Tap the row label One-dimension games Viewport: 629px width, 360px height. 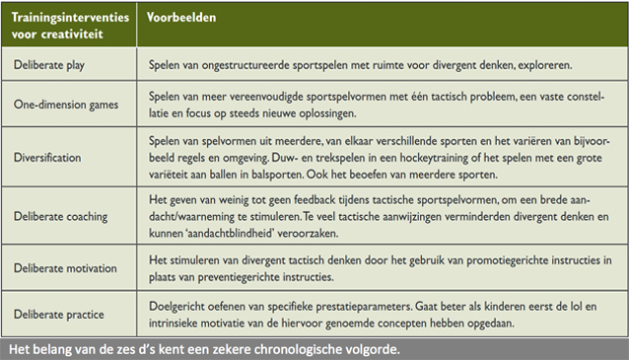(66, 104)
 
